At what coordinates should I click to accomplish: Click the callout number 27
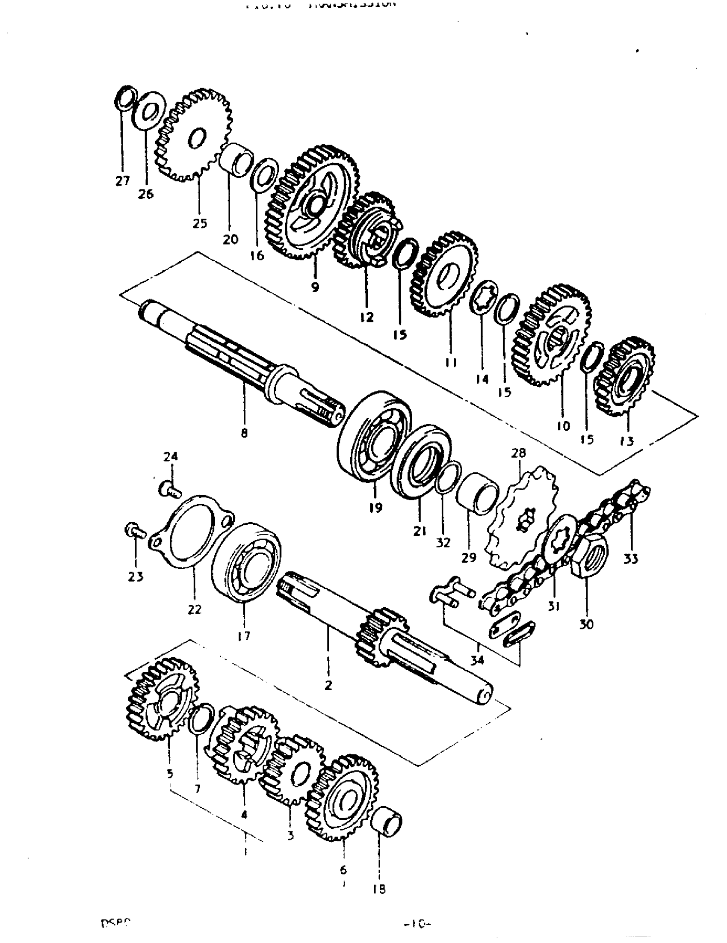122,181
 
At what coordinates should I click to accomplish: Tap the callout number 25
199,223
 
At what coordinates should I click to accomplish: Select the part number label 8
244,433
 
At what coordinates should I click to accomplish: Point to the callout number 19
375,508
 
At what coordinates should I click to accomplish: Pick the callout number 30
586,624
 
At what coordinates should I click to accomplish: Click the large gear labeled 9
315,203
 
